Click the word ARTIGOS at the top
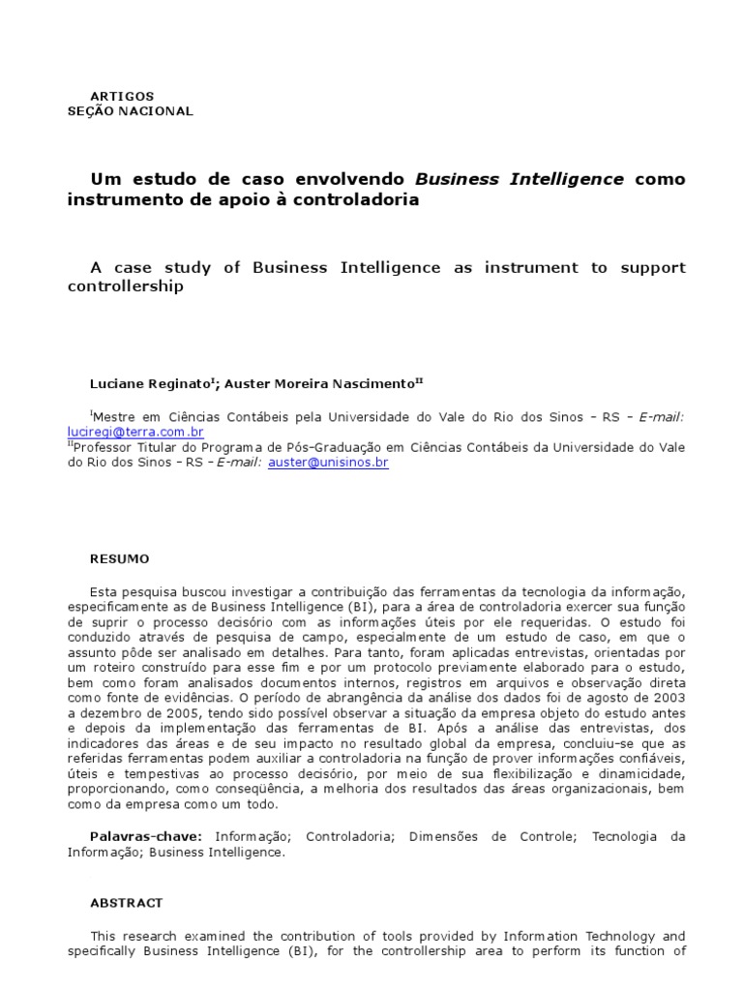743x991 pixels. tap(121, 97)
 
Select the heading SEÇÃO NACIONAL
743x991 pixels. tap(130, 111)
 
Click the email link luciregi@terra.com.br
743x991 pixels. tap(135, 432)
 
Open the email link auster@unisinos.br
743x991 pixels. tap(328, 463)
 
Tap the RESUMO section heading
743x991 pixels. tap(119, 558)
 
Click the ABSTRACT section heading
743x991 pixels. tap(126, 903)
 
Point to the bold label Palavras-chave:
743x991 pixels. tap(146, 837)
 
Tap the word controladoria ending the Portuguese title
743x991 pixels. tap(362, 199)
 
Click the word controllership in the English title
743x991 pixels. tap(125, 287)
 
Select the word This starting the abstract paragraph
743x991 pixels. tap(104, 936)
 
